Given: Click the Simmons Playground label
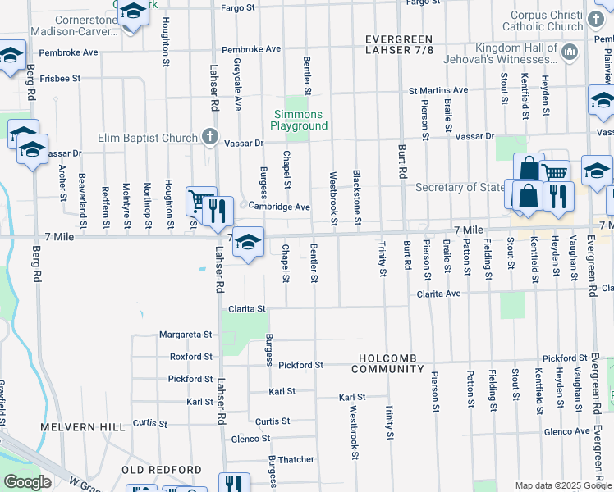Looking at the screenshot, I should tap(298, 120).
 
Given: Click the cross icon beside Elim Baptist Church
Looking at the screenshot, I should tap(210, 136).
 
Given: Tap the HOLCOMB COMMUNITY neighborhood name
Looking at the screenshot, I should tap(401, 364).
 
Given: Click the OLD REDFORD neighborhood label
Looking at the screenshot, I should tap(161, 470).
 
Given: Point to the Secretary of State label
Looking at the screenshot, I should tap(460, 187).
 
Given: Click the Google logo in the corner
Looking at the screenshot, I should tap(27, 482).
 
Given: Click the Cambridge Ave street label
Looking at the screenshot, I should tap(279, 207).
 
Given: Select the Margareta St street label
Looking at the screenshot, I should tap(186, 335).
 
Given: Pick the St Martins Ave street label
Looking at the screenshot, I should tap(438, 90).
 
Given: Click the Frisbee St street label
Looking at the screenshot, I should tap(58, 79).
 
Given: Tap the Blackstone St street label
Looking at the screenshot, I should tap(357, 198).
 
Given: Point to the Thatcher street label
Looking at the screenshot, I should tap(296, 460).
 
